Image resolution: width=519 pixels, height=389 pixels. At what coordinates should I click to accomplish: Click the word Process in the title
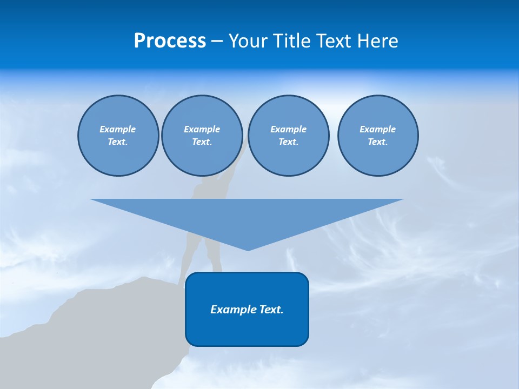[170, 41]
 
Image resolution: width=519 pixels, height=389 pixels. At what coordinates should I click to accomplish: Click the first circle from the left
[118, 136]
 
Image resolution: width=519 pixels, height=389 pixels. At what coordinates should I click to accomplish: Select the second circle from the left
[202, 136]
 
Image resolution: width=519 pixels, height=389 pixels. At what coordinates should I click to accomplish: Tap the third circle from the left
[289, 136]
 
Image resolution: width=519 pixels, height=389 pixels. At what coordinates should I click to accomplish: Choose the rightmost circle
[378, 136]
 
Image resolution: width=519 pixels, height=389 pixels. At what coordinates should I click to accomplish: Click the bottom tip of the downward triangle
[248, 249]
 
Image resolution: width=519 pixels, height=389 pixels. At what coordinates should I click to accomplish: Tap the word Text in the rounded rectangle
[270, 310]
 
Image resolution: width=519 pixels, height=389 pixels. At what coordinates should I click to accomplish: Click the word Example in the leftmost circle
[118, 129]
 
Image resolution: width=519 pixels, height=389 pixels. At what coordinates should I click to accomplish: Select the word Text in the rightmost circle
[377, 142]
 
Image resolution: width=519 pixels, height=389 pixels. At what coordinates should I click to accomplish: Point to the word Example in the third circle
[289, 129]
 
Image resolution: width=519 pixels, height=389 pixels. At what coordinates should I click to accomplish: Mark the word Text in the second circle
[202, 142]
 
